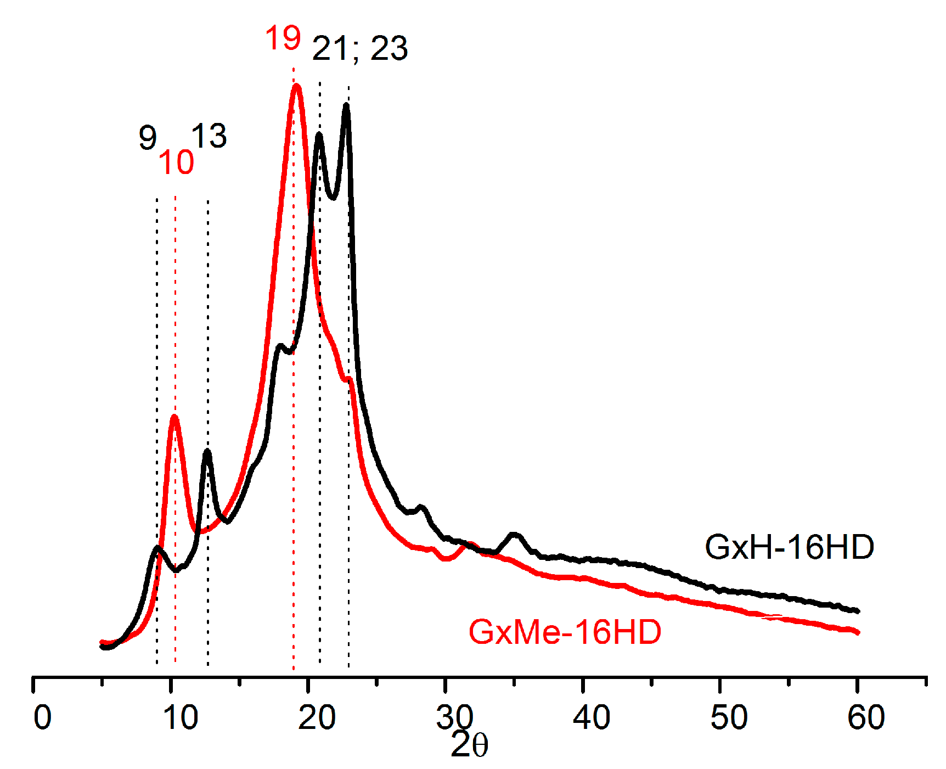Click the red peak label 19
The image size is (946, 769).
click(283, 38)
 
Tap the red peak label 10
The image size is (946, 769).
click(176, 162)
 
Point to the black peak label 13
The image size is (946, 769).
click(209, 136)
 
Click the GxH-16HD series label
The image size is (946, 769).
click(789, 547)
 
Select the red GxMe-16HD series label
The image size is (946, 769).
click(565, 632)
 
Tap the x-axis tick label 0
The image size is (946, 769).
click(42, 717)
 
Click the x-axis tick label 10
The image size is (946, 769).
click(181, 717)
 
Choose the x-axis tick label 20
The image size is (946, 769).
click(317, 717)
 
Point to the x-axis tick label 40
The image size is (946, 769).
click(592, 717)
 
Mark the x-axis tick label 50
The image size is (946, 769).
click(729, 717)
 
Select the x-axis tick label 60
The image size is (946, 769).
click(866, 717)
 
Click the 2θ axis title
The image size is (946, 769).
click(469, 745)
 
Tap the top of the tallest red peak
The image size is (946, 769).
click(297, 86)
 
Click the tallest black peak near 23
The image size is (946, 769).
click(346, 105)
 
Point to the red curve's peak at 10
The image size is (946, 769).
click(174, 417)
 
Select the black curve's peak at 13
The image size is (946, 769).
click(207, 452)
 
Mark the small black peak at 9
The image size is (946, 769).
click(158, 548)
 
